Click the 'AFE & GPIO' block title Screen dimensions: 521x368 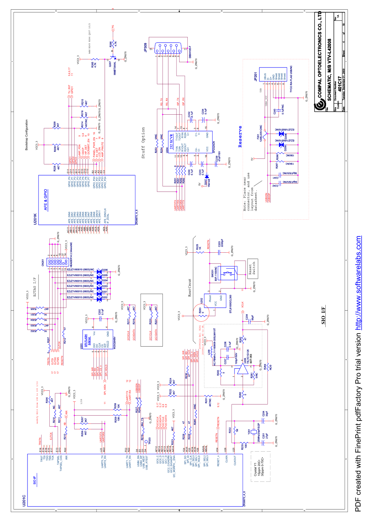[x=46, y=200]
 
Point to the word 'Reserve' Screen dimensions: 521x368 [x=240, y=137]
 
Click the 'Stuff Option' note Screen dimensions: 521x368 [x=143, y=143]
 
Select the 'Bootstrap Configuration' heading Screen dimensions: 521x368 [x=26, y=135]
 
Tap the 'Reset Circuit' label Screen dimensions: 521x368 [x=190, y=288]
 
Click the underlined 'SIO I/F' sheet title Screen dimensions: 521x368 [x=323, y=315]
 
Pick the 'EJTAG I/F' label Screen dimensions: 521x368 [x=34, y=287]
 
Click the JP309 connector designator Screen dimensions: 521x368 [x=145, y=47]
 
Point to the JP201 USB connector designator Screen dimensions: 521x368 [x=255, y=76]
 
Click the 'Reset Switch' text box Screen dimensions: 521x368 [x=252, y=269]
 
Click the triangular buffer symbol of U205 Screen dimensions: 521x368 [x=243, y=369]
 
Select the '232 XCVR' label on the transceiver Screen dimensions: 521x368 [x=171, y=141]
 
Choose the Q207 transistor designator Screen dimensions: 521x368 [x=110, y=64]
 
